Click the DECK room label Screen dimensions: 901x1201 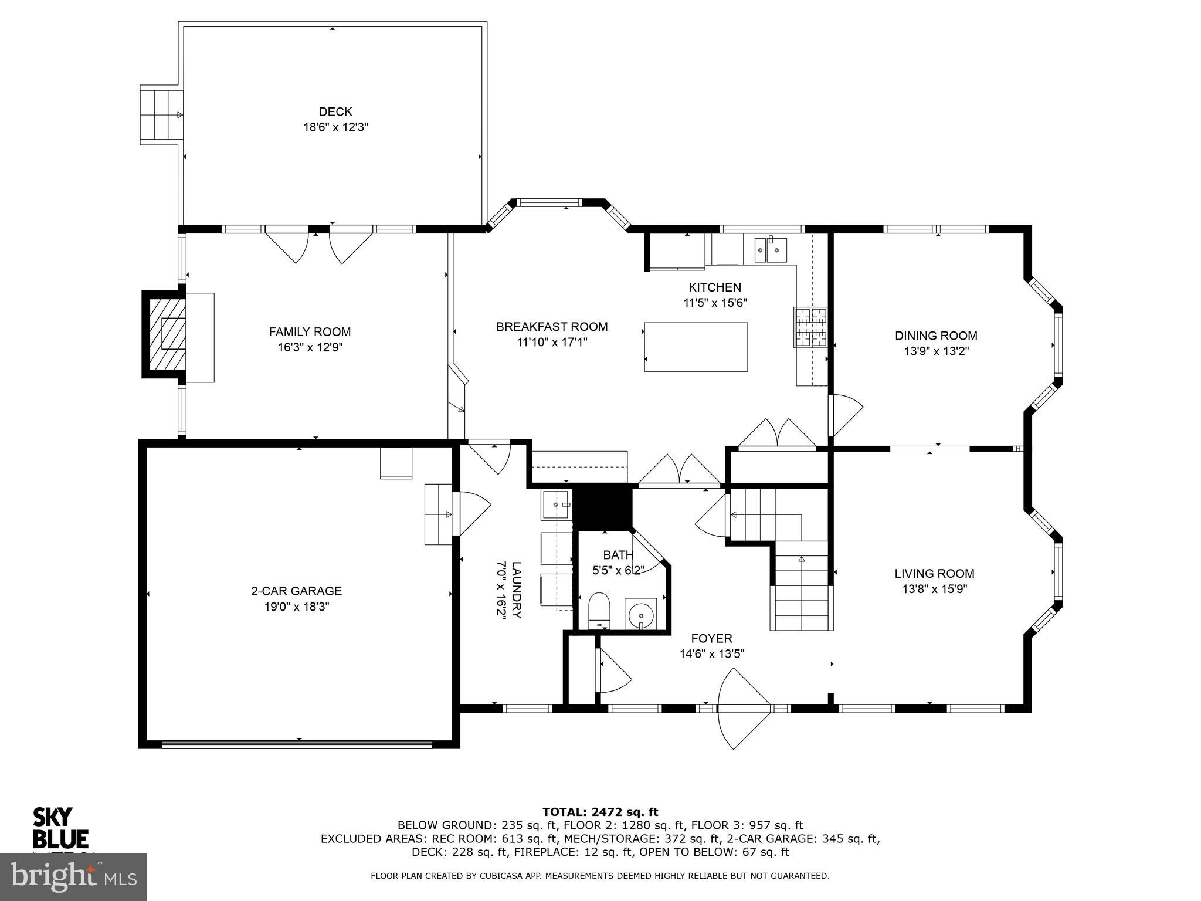pos(335,111)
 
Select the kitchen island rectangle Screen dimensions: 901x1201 pos(696,347)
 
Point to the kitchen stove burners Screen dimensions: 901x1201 pos(810,327)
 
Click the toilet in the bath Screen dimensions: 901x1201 pos(599,610)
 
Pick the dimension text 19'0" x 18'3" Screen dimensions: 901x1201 pos(297,607)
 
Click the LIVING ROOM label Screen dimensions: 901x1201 pos(934,574)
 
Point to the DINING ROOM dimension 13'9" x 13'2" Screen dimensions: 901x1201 pos(936,351)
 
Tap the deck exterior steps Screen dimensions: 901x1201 pos(161,115)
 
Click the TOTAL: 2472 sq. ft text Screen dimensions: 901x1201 pos(600,812)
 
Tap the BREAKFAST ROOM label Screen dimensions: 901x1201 pos(551,327)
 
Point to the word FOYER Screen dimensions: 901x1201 pos(711,639)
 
